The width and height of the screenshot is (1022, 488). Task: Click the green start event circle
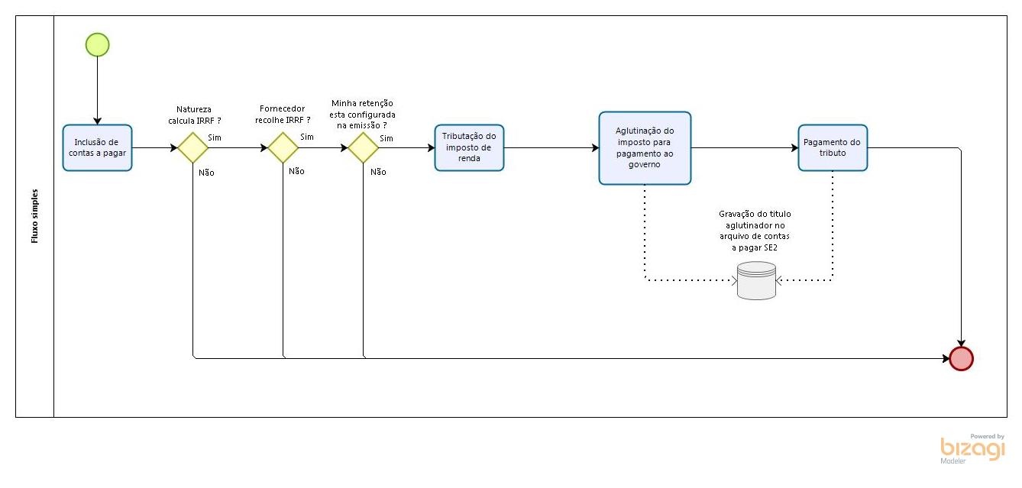pyautogui.click(x=98, y=45)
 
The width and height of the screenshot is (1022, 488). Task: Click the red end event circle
pyautogui.click(x=961, y=358)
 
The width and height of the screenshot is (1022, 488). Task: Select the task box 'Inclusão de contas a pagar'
pyautogui.click(x=97, y=147)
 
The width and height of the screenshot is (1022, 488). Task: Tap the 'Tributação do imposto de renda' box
pyautogui.click(x=469, y=147)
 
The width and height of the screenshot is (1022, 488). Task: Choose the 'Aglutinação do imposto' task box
pyautogui.click(x=645, y=148)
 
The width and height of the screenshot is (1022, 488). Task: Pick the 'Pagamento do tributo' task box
pyautogui.click(x=833, y=147)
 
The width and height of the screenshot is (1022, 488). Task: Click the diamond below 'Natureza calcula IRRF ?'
pyautogui.click(x=193, y=147)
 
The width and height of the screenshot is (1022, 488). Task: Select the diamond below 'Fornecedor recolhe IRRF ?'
pyautogui.click(x=283, y=147)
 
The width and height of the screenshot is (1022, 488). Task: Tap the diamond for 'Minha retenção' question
pyautogui.click(x=364, y=147)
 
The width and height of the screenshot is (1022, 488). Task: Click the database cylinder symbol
pyautogui.click(x=756, y=280)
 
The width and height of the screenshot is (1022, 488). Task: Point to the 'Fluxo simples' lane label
pyautogui.click(x=34, y=216)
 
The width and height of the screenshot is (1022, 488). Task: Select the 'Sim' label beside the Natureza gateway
pyautogui.click(x=215, y=137)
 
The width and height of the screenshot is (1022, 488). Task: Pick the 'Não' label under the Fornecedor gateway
pyautogui.click(x=296, y=171)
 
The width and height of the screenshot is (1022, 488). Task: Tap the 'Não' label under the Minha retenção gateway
pyautogui.click(x=378, y=172)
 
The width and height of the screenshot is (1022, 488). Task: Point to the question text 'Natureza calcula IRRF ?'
pyautogui.click(x=194, y=115)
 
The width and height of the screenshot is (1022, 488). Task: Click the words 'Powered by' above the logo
pyautogui.click(x=987, y=436)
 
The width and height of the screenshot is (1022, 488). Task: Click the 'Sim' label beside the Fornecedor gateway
pyautogui.click(x=307, y=137)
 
